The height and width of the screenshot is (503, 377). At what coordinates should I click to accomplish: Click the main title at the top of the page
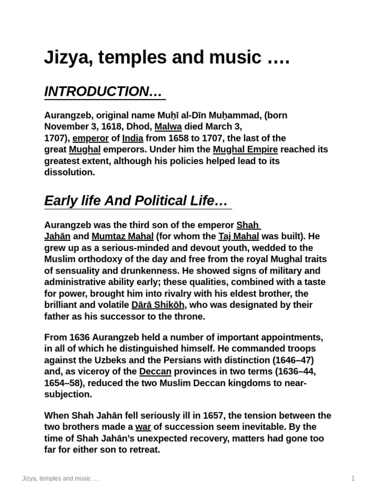tap(167, 58)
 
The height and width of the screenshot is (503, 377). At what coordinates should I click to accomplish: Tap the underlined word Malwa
tap(168, 127)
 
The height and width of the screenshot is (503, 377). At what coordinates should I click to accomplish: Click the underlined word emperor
tap(90, 138)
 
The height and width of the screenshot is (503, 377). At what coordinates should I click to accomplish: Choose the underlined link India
tap(133, 138)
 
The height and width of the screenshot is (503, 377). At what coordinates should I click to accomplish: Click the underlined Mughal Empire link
tap(245, 149)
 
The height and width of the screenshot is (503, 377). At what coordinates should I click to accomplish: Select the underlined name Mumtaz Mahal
tap(123, 236)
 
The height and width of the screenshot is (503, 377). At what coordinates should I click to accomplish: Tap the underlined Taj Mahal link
tap(239, 236)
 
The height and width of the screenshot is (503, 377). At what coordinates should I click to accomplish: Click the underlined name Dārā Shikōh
tap(158, 305)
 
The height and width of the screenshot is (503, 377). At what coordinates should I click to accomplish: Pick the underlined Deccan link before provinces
tap(155, 371)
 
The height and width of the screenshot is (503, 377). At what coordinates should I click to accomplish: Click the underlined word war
tap(143, 426)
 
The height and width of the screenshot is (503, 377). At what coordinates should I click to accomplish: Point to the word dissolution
tap(69, 172)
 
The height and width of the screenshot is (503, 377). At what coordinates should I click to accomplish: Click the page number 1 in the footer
tap(352, 478)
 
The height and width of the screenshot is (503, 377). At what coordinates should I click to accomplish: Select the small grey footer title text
tap(61, 478)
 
